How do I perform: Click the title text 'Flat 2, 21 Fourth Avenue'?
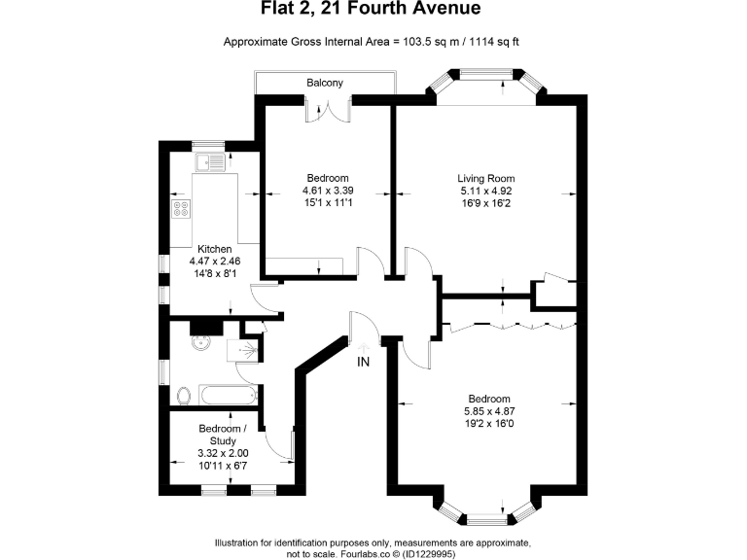[x=373, y=11]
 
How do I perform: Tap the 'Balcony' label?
[x=325, y=83]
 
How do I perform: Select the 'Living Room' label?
[x=486, y=179]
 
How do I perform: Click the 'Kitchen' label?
[x=215, y=249]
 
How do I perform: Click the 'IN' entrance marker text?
[x=363, y=363]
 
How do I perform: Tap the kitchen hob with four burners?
[x=182, y=207]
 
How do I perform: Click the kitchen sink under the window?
[x=208, y=162]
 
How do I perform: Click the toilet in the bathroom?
[x=183, y=395]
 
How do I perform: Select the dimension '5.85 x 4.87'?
[x=488, y=412]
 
